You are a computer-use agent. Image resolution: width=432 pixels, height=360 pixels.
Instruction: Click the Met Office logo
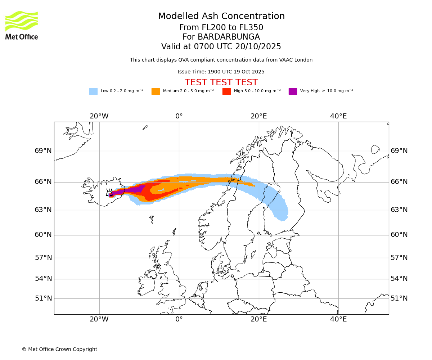22,25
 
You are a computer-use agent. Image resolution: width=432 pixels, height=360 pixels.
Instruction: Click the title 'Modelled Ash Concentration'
221,17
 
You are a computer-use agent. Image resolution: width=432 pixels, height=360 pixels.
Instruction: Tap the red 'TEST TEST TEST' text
221,83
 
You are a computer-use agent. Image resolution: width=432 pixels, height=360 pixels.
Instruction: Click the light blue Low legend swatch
93,91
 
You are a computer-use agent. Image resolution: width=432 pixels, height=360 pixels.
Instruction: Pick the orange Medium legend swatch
156,91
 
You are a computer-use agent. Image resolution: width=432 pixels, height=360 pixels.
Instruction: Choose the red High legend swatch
226,91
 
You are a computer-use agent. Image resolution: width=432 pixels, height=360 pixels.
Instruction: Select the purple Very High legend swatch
293,91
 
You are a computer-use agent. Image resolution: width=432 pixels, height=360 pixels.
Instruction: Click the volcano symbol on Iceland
109,193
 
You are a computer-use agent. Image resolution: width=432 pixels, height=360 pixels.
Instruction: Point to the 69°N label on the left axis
43,151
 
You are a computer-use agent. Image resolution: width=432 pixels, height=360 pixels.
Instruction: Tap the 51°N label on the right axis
399,298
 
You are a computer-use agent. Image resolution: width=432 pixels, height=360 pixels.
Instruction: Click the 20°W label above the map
99,116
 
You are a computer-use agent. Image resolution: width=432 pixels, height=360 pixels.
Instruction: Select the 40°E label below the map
338,319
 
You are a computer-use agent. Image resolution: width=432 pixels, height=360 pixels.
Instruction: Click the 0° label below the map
179,319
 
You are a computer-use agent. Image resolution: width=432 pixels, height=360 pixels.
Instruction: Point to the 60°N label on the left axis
43,235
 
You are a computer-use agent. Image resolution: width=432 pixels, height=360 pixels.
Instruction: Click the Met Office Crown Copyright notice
59,350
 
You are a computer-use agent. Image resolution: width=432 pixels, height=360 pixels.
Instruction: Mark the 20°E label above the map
258,116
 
